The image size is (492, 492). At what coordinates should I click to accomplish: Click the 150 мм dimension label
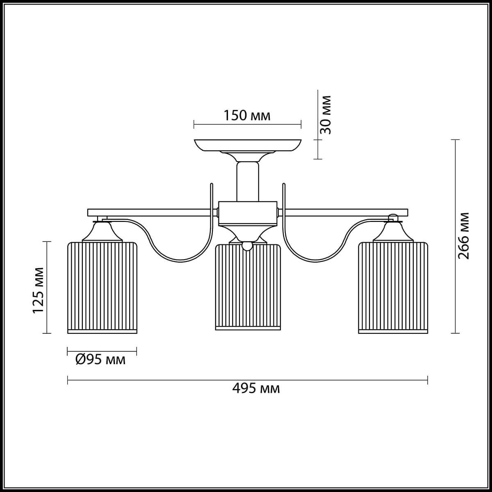247,116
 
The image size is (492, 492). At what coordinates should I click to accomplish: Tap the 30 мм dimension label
326,115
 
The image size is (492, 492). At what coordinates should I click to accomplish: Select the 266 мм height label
464,236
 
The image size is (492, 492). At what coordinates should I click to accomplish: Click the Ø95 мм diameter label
100,360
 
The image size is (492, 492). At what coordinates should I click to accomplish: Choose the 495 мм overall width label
256,388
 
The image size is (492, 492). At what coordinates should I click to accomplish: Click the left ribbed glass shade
102,287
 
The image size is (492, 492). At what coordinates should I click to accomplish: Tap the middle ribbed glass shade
248,287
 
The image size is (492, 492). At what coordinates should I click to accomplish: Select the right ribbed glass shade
393,287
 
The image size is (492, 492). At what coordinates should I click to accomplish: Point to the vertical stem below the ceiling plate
248,180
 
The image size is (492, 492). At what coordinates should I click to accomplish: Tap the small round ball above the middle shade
247,246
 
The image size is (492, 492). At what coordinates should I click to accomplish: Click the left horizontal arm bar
152,212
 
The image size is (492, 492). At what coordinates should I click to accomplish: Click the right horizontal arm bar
344,212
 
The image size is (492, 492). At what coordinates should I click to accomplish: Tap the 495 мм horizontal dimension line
164,380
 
